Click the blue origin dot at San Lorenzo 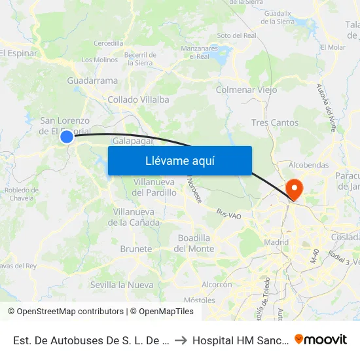click(67, 137)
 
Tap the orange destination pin click(295, 189)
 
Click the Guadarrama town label click(92, 81)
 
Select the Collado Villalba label click(139, 99)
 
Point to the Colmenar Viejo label click(246, 90)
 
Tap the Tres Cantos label click(275, 122)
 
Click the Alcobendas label click(308, 165)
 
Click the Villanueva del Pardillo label click(154, 187)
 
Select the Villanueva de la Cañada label click(136, 217)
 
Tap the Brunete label click(136, 249)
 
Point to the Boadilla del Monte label click(194, 243)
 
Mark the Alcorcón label click(217, 285)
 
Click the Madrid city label click(277, 243)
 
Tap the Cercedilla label click(109, 43)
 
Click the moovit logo click(321, 339)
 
